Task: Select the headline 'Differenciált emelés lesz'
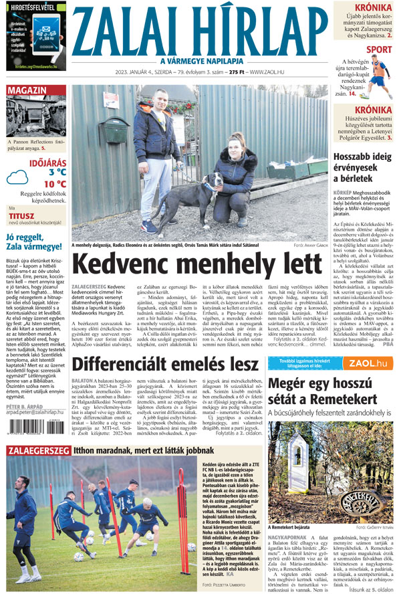pos(165,364)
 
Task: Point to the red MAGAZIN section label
pos(28,90)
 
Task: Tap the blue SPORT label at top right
pos(380,50)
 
